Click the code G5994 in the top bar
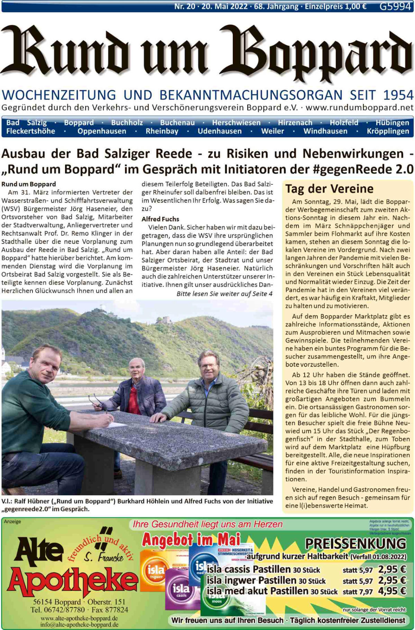pyautogui.click(x=395, y=6)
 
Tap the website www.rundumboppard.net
pyautogui.click(x=359, y=107)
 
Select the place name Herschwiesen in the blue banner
pyautogui.click(x=236, y=123)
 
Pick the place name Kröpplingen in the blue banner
pyautogui.click(x=388, y=131)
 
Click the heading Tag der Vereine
pyautogui.click(x=329, y=189)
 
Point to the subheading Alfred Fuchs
pyautogui.click(x=160, y=219)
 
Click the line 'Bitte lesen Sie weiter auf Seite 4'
pyautogui.click(x=224, y=294)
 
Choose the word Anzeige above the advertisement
pyautogui.click(x=12, y=522)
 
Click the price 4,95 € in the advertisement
pyautogui.click(x=392, y=591)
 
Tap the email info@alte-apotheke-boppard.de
pyautogui.click(x=79, y=624)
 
